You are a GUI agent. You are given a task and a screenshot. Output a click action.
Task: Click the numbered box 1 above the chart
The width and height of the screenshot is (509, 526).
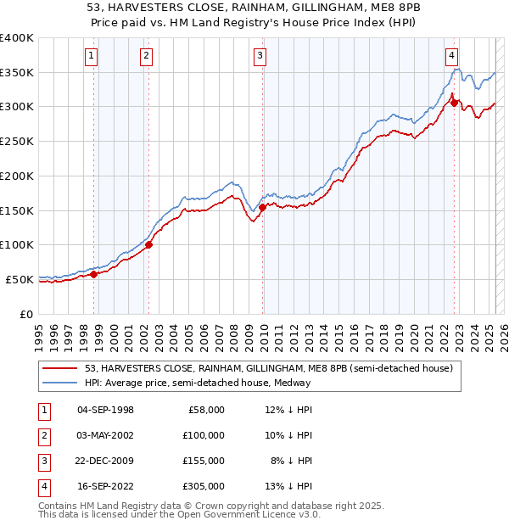[x=91, y=57]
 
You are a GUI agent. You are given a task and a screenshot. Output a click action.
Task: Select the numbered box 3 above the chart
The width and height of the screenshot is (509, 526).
[x=259, y=57]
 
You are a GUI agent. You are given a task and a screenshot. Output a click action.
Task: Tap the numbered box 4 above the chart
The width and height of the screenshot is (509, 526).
[x=452, y=57]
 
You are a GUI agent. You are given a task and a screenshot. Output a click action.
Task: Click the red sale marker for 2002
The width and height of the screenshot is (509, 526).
[x=148, y=245]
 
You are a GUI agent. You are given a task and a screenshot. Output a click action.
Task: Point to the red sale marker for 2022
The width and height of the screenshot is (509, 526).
[x=454, y=103]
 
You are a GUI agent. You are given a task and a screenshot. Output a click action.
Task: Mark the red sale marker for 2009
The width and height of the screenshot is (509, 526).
[x=262, y=206]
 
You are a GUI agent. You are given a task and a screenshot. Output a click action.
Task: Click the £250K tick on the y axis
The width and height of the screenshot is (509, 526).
[x=17, y=141]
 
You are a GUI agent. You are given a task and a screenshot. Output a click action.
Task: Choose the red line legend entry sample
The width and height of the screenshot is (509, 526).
[x=61, y=369]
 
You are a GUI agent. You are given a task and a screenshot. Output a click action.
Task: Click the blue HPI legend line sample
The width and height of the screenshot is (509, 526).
[x=61, y=383]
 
